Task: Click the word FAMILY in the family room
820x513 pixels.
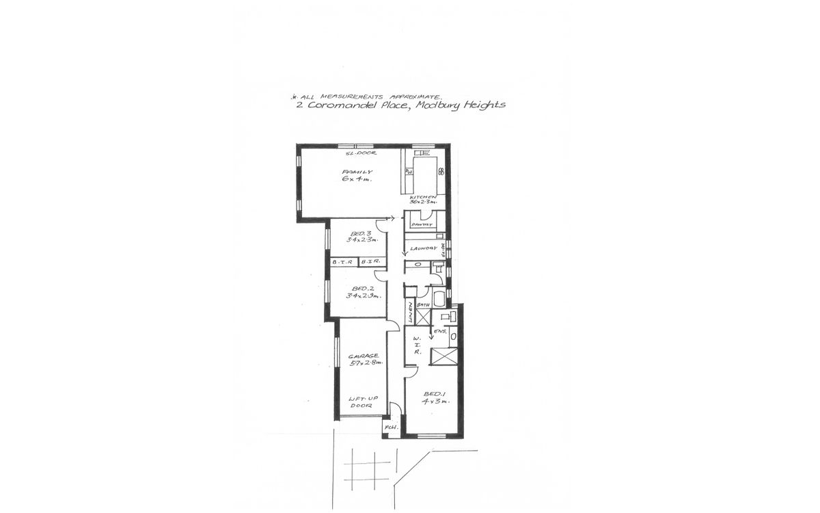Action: tap(356, 172)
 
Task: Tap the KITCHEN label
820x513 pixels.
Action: tap(423, 196)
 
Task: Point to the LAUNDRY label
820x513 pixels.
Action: tap(424, 249)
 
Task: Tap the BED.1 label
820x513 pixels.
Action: tap(435, 394)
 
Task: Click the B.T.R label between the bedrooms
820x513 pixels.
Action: tap(342, 262)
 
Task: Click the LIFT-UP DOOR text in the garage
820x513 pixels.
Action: tap(361, 402)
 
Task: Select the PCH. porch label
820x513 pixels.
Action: tap(391, 428)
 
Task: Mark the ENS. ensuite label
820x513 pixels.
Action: tap(441, 332)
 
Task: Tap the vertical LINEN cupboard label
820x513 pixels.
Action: tap(411, 313)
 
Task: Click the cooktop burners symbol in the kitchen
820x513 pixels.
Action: tap(441, 170)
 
